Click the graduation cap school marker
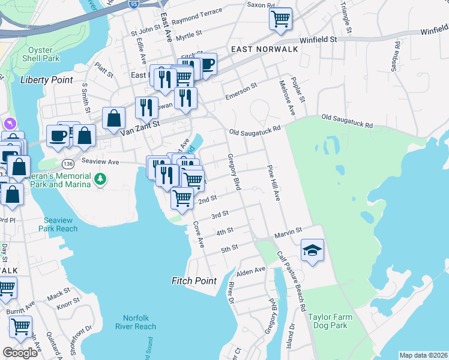[312, 250]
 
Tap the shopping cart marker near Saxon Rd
[280, 18]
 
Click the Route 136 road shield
[69, 163]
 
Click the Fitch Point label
[194, 281]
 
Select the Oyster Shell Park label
[43, 55]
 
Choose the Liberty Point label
[46, 80]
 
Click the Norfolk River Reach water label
[139, 322]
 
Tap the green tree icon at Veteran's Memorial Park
[101, 178]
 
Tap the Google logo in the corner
[20, 353]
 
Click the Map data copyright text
[423, 355]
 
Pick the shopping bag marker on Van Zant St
[113, 118]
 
